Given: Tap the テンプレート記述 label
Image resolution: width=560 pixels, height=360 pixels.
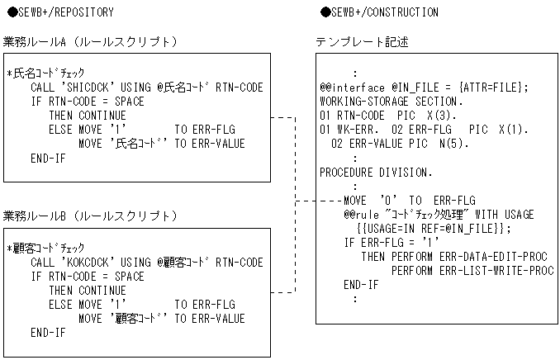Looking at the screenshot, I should pyautogui.click(x=361, y=42).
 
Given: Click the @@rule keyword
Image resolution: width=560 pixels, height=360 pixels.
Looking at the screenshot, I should pyautogui.click(x=361, y=214).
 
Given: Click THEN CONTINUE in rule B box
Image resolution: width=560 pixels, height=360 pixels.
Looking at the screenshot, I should pyautogui.click(x=87, y=290).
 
